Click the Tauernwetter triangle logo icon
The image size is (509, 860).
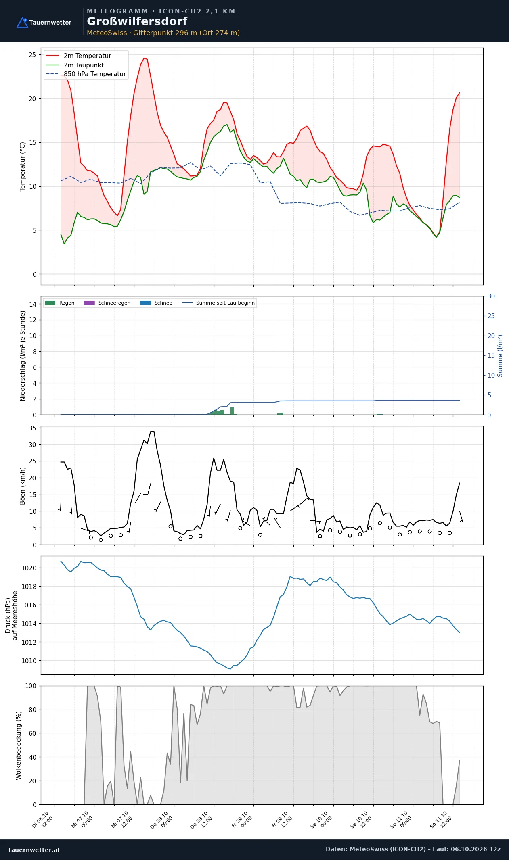[x=22, y=23]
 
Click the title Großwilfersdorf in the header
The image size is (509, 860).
[x=137, y=21]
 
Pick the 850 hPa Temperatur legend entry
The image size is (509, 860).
[x=86, y=74]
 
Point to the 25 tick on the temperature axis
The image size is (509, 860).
[x=32, y=55]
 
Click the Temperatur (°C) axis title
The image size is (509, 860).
[x=23, y=166]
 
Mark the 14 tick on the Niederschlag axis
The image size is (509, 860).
[x=33, y=304]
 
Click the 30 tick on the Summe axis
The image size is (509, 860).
[x=491, y=296]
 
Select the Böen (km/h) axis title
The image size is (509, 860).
[x=23, y=486]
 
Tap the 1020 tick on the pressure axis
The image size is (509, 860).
[x=29, y=568]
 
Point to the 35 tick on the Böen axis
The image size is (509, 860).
[x=32, y=428]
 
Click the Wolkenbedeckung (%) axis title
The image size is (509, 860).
[x=18, y=745]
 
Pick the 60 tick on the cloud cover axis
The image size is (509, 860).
[x=32, y=733]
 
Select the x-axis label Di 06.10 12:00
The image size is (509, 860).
[x=42, y=820]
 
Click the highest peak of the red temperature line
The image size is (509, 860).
[x=144, y=58]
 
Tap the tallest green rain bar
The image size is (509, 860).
[x=232, y=411]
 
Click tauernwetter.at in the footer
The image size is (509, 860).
[x=34, y=850]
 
